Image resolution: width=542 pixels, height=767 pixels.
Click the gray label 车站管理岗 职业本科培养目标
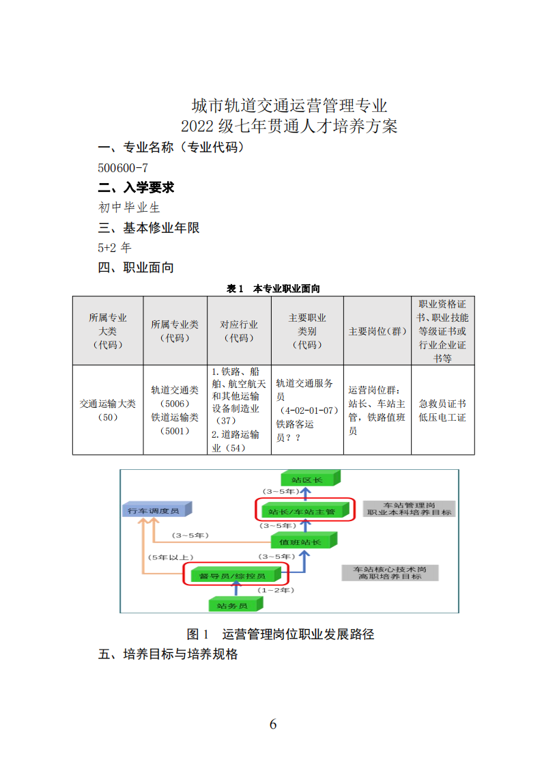point(409,509)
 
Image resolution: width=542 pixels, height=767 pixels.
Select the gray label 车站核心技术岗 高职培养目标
point(390,573)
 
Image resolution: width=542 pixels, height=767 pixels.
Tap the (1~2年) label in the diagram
point(276,590)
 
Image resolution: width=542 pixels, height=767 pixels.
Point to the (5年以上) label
point(171,557)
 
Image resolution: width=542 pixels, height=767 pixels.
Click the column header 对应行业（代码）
point(239,331)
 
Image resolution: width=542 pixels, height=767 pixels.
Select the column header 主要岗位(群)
point(377,331)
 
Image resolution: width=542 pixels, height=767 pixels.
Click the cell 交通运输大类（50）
point(108,410)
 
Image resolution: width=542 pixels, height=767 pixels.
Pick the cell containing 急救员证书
point(442,410)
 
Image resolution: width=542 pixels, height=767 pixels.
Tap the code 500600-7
point(123,168)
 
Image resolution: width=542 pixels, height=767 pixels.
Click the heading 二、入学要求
point(136,187)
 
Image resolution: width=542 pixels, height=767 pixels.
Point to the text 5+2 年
point(115,247)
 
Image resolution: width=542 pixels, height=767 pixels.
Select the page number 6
point(273,724)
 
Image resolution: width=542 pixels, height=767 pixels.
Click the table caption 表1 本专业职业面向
point(273,289)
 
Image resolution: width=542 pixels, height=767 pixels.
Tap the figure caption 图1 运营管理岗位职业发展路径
point(281,634)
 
